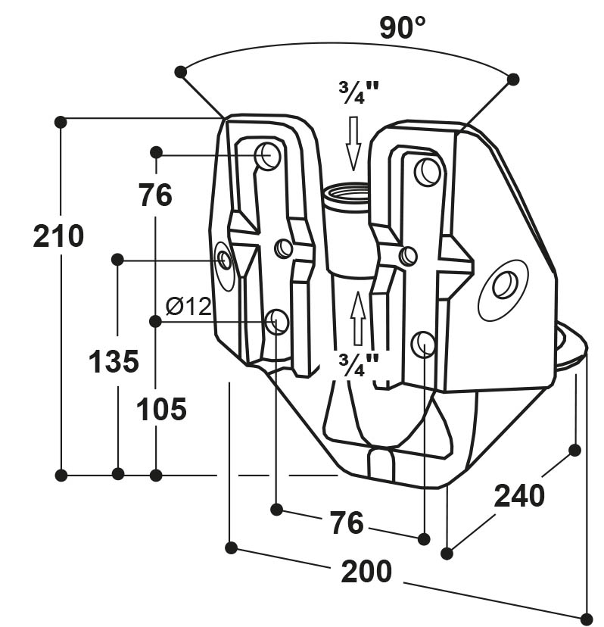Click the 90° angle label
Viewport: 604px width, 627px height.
[402, 28]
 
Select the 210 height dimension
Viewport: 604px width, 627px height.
[58, 236]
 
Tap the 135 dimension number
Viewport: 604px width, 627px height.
[114, 361]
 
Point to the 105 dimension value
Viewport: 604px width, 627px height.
[161, 409]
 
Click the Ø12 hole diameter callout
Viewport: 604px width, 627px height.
[188, 307]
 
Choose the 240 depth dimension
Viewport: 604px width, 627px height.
[519, 496]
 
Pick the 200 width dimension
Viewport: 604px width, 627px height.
[366, 572]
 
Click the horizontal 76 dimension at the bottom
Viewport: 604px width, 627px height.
[347, 522]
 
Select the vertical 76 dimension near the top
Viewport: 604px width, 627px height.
[156, 195]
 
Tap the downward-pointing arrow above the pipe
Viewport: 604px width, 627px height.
[353, 143]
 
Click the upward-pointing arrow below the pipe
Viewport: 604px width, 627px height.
[358, 318]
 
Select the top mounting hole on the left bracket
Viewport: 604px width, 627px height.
[268, 155]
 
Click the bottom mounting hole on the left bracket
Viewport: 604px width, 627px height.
[277, 322]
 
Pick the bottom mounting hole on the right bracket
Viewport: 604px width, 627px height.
[424, 344]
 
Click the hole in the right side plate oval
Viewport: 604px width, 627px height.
[505, 284]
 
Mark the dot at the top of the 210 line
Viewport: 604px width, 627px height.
[61, 122]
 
